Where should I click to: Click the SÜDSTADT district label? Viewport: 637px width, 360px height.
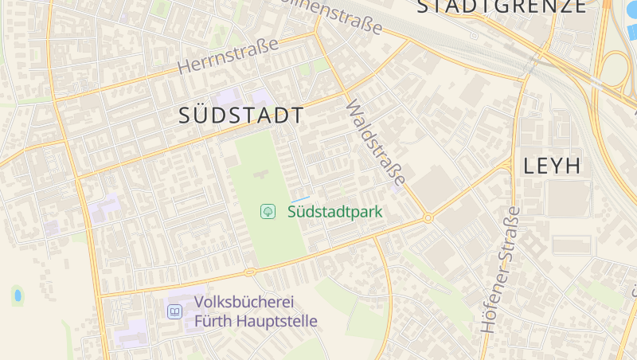click(x=241, y=115)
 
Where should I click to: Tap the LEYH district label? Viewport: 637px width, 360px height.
click(x=552, y=166)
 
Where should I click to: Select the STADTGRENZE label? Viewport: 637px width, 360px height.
click(x=502, y=6)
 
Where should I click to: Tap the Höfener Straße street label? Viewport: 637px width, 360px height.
click(x=499, y=271)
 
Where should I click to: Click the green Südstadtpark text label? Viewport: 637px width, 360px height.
click(x=334, y=211)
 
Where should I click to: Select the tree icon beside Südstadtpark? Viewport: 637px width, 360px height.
click(x=268, y=211)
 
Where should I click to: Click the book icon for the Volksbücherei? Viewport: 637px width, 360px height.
click(x=174, y=311)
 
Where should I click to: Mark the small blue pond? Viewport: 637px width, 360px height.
click(x=17, y=296)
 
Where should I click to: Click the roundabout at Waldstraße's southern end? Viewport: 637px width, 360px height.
click(x=428, y=217)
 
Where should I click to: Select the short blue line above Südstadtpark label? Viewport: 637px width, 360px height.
click(x=299, y=198)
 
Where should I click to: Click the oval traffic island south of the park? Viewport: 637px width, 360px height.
click(x=250, y=272)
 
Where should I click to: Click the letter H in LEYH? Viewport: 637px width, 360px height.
click(x=573, y=166)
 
